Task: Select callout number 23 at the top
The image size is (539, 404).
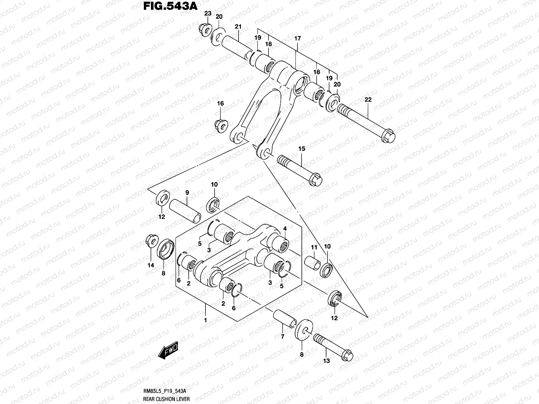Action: point(208,13)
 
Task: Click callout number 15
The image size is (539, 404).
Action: point(301,148)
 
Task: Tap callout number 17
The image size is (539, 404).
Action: point(297,39)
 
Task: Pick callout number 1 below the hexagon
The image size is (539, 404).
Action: point(205,320)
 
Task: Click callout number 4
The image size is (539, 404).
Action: point(285,229)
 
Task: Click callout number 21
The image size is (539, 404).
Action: point(239,27)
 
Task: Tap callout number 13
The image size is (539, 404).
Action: point(326,361)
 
